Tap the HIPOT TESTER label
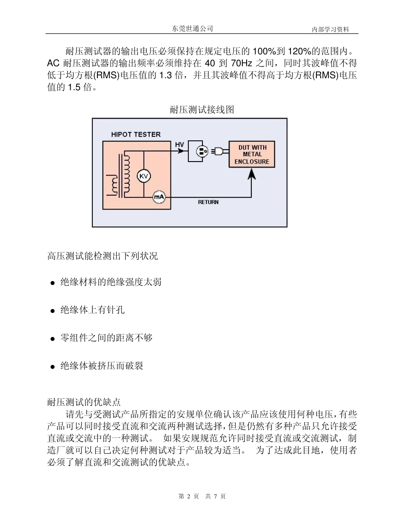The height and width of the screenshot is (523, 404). [136, 134]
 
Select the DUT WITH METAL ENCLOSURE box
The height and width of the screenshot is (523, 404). [252, 154]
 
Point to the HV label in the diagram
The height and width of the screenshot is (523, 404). [179, 145]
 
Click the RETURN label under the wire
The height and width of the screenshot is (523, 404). [208, 202]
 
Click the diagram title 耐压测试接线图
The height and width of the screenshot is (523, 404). [202, 110]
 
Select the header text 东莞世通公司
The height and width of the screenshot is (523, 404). [192, 28]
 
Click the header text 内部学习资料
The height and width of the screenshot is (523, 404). [330, 29]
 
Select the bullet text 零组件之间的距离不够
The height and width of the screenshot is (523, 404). [106, 338]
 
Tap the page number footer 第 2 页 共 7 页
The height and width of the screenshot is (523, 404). [202, 496]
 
